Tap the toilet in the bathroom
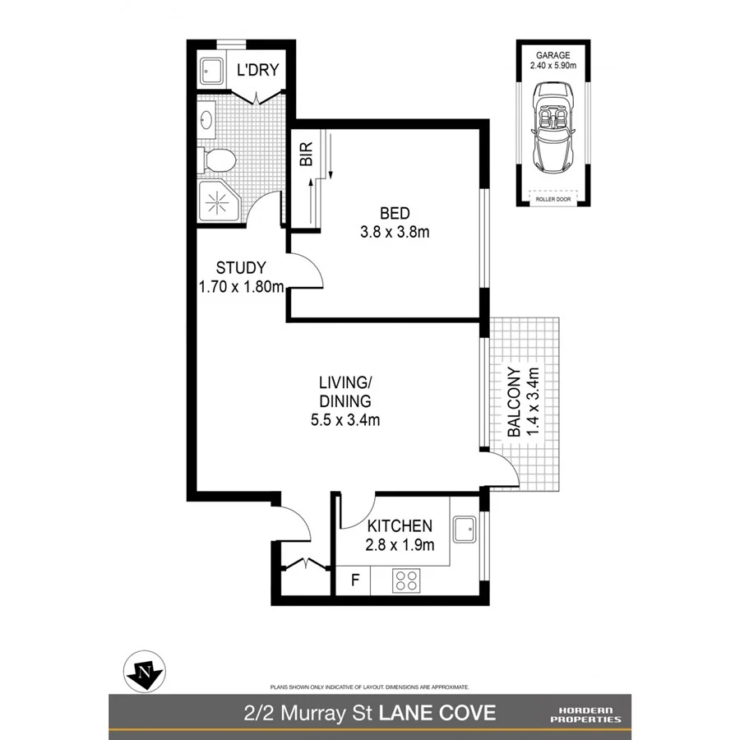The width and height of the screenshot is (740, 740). click(220, 160)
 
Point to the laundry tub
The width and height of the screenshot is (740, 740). click(210, 71)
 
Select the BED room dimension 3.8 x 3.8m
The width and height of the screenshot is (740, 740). click(395, 232)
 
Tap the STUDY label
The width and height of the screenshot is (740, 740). click(240, 267)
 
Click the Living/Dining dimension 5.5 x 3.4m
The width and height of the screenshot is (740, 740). click(345, 419)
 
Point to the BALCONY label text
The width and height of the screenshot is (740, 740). click(513, 402)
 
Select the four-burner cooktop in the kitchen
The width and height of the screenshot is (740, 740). click(405, 581)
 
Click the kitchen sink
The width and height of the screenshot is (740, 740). click(465, 529)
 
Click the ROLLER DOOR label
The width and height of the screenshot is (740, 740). click(552, 197)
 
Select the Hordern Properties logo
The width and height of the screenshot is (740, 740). click(585, 713)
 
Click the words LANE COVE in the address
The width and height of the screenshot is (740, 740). click(448, 712)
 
